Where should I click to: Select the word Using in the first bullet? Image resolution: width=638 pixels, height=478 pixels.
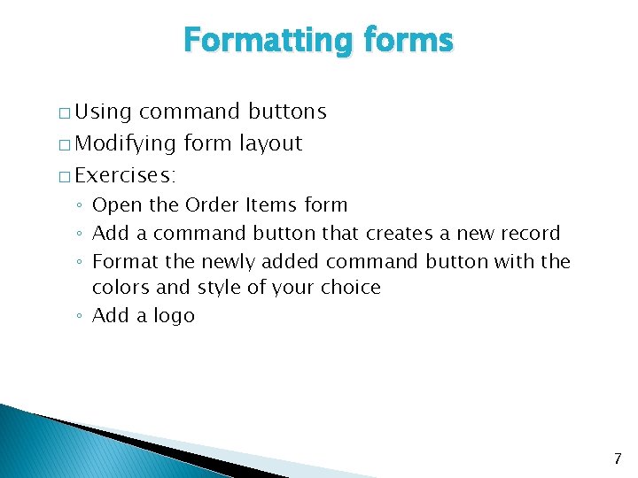point(103,112)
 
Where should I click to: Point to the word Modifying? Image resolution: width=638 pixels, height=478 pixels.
point(125,143)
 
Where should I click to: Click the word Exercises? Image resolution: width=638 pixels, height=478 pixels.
point(126,175)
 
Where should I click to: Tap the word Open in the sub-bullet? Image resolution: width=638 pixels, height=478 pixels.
point(117,205)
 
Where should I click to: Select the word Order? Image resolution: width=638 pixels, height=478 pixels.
point(213,205)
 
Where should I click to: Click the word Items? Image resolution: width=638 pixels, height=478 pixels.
point(270,205)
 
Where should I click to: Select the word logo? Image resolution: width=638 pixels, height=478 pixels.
point(174,316)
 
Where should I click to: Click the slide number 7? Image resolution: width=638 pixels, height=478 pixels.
point(617,459)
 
